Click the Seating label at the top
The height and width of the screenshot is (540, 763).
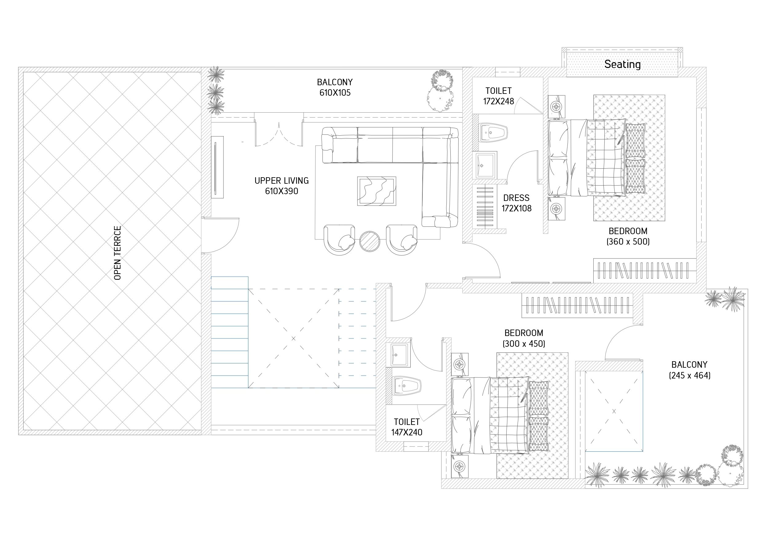[623, 65]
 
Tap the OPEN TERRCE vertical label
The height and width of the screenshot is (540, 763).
[118, 253]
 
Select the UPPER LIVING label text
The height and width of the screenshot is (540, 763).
[282, 181]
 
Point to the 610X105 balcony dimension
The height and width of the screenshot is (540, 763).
[335, 93]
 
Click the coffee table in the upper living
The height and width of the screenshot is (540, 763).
[377, 191]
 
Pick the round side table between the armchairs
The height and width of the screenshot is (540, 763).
[370, 241]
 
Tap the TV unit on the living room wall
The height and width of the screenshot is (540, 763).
[217, 167]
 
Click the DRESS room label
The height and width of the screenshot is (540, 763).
[516, 198]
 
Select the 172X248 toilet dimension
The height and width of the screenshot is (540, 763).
[499, 102]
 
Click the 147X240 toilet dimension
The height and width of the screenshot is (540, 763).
[407, 433]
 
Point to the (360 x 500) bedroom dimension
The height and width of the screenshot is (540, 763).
[628, 242]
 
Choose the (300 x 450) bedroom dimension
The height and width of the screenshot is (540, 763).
[524, 343]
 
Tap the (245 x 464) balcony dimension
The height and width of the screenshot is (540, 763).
[690, 375]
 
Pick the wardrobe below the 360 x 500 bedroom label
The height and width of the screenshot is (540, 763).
[645, 270]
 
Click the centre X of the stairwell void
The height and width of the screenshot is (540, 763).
[294, 339]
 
